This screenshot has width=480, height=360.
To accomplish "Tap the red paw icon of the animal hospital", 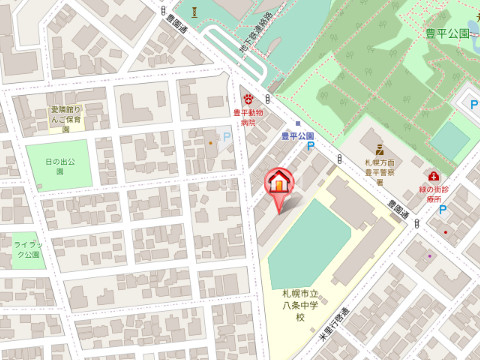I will (x=248, y=100).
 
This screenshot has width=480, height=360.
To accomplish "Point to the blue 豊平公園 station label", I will (x=296, y=135).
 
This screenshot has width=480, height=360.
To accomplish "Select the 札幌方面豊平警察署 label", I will (x=381, y=165).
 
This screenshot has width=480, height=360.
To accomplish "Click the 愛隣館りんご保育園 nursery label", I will (x=64, y=118).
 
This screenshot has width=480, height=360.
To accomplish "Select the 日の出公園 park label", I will (x=59, y=165).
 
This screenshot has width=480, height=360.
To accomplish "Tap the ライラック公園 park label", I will (x=27, y=249).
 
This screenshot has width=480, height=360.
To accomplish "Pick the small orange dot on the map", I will (x=210, y=142).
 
